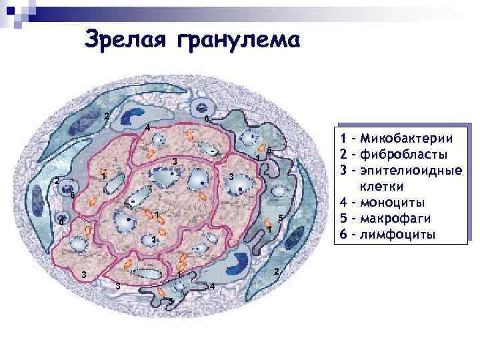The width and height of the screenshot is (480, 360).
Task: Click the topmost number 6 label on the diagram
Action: point(207,119)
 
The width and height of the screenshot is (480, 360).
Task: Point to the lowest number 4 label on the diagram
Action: point(212,287)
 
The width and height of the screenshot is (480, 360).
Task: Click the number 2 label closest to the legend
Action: point(276,271)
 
